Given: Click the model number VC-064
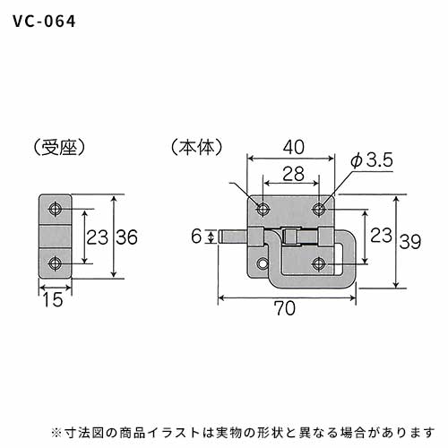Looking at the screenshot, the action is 44,22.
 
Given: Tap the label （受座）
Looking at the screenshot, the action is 59,148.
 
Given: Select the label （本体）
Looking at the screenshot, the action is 197,148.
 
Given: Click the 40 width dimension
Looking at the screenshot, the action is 294,147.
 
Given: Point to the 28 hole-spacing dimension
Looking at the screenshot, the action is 293,174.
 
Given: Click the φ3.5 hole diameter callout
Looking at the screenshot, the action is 372,161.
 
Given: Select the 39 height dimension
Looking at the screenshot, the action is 410,242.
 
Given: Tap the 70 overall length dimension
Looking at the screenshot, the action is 285,308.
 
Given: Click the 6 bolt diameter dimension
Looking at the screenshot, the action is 196,237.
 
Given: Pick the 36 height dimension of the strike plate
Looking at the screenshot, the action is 126,237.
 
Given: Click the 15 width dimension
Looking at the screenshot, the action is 53,299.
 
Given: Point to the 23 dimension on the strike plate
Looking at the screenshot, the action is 98,237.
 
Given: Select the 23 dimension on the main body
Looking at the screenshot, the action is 381,235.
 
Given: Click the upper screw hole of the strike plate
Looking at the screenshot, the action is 56,209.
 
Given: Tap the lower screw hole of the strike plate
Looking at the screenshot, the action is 56,263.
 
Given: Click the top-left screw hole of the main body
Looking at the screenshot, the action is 263,209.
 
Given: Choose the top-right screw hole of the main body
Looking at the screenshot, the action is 319,209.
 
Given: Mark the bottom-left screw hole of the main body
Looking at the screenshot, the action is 263,264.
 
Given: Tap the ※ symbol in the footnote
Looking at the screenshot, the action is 56,433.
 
